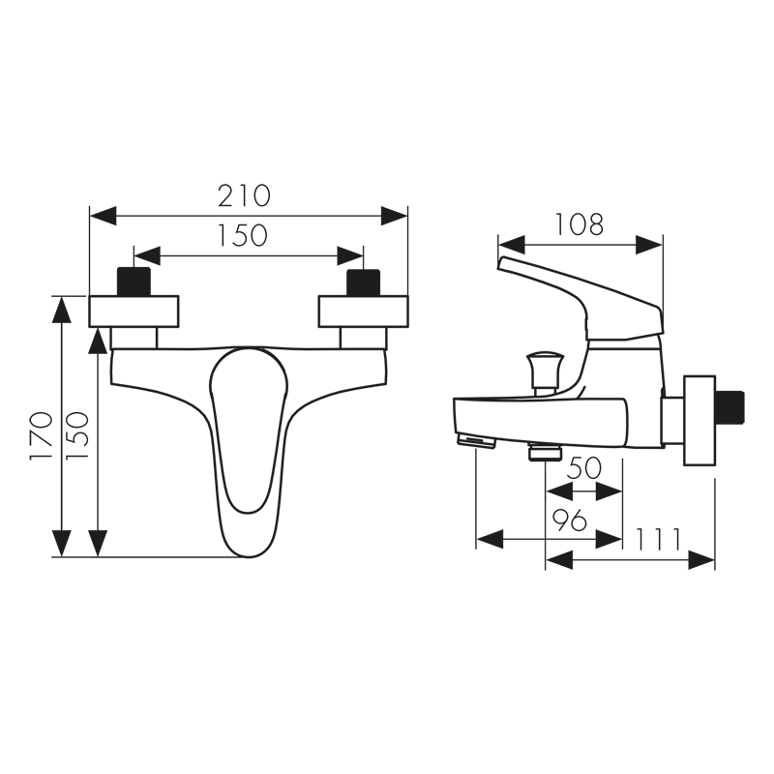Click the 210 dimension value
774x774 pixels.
coord(243,195)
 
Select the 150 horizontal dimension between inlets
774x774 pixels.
coord(243,235)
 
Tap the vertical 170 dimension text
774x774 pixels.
coord(41,434)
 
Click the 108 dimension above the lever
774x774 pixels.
coord(580,224)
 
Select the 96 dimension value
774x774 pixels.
coord(571,521)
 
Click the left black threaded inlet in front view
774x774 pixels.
coord(133,283)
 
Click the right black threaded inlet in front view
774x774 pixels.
coord(365,283)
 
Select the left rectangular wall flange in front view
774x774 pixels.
coord(134,311)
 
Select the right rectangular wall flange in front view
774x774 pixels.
coord(364,311)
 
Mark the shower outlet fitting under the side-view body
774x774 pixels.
coord(546,452)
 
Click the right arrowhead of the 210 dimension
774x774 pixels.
coord(395,215)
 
